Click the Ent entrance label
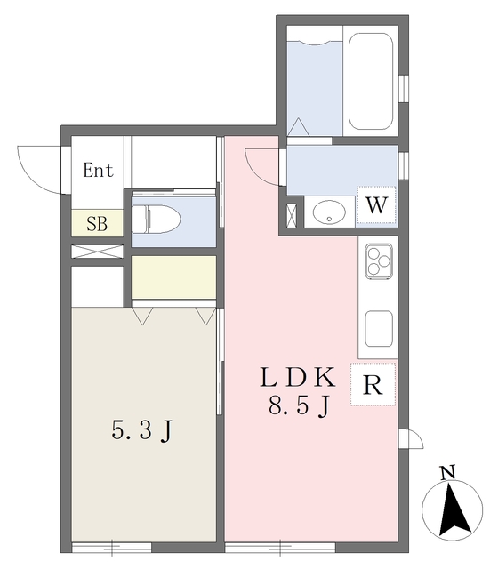click(x=98, y=170)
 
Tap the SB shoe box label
click(x=97, y=223)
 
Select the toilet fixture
click(x=157, y=219)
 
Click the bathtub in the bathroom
click(x=371, y=81)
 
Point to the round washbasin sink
click(x=329, y=212)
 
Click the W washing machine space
click(x=376, y=205)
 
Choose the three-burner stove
click(x=379, y=261)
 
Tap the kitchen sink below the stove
click(x=379, y=329)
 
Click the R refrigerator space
click(x=373, y=384)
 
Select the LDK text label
click(x=297, y=377)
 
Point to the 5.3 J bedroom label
click(x=141, y=430)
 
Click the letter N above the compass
click(x=447, y=472)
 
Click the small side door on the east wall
click(x=411, y=438)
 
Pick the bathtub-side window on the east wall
click(x=403, y=89)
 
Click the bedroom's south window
click(x=111, y=548)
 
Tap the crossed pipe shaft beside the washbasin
click(x=292, y=216)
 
